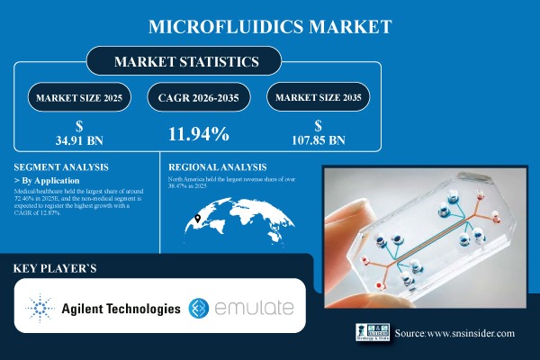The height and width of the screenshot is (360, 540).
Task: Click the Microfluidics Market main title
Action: click(270, 25)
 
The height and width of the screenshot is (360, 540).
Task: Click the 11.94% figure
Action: click(199, 135)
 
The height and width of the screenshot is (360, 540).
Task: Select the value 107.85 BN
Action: click(319, 140)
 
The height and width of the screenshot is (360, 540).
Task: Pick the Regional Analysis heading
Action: click(218, 167)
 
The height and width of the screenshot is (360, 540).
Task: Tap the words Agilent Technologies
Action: click(121, 310)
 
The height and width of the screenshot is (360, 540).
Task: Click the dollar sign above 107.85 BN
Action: click(319, 127)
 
